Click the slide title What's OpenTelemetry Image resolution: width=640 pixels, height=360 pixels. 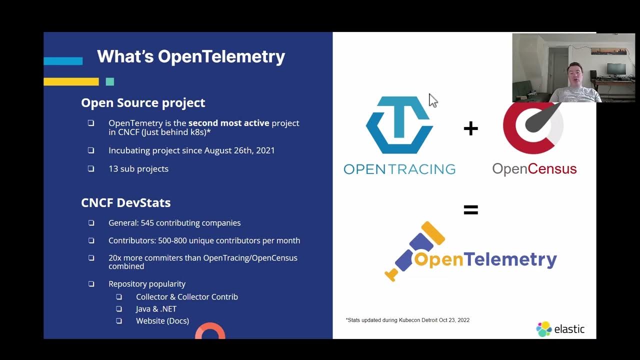(190, 56)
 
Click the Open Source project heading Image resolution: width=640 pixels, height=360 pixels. (143, 103)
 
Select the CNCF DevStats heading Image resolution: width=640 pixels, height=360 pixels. (125, 203)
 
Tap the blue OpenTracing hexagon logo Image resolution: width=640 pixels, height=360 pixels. (399, 125)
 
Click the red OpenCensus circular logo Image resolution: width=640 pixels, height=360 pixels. (533, 128)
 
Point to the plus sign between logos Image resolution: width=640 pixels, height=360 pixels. (470, 129)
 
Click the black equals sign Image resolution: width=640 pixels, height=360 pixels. (470, 210)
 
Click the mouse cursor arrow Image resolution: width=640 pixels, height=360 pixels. (432, 100)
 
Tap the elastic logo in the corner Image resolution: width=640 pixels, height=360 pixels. (560, 328)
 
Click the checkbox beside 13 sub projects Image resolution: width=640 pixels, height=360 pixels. (91, 168)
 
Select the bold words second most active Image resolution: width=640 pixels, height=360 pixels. (228, 123)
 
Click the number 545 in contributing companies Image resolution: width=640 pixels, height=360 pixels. (148, 223)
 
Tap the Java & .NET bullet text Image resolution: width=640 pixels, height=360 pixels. (156, 309)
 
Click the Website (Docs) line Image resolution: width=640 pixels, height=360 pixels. (162, 321)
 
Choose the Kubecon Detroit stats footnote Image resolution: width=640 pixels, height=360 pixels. (407, 320)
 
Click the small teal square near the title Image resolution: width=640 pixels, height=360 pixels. (110, 81)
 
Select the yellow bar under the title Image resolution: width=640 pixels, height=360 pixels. (71, 81)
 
